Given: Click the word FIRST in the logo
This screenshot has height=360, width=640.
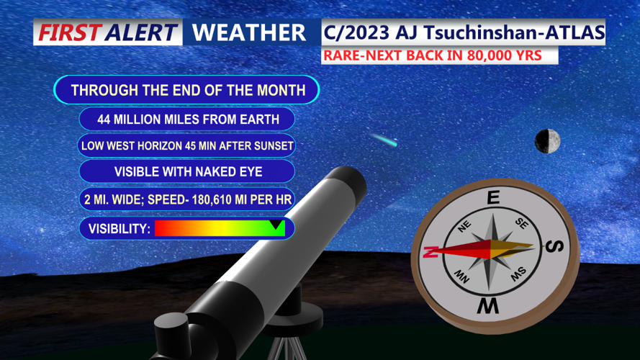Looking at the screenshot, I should coord(69,32).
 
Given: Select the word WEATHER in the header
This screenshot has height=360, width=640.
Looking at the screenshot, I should coord(249,32).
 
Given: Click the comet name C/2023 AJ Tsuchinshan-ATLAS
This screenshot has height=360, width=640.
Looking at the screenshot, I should coord(463,32).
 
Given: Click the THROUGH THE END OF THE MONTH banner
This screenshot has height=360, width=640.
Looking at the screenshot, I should coord(187,90).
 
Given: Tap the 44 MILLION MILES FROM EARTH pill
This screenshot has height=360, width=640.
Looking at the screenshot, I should coord(187,119).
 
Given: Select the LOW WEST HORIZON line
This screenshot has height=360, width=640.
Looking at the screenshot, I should coord(187,145).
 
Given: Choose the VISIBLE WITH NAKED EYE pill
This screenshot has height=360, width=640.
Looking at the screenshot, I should coord(187,172).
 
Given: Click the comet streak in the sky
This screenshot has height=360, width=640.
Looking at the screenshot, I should coord(384,139).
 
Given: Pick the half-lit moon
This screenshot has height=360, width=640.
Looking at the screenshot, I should coord(548,141).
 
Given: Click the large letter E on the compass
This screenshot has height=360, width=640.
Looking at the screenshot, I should coord(493,198).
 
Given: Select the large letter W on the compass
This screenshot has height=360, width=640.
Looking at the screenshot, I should coord(487,307).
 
